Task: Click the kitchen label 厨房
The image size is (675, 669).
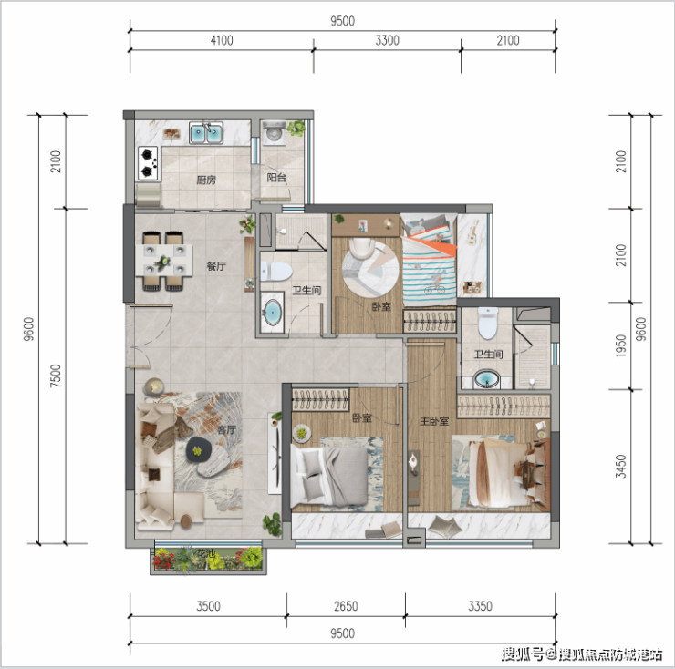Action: (x=206, y=180)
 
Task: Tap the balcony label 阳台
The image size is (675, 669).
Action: (x=276, y=177)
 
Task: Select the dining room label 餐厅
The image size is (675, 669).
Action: (x=216, y=266)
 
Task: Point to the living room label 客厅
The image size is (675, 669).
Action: (x=226, y=429)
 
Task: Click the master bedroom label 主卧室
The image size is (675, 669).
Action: (x=434, y=421)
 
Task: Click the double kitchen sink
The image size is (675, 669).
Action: (x=206, y=133)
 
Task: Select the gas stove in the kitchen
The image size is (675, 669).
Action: (x=148, y=163)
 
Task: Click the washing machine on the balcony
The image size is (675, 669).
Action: (x=274, y=132)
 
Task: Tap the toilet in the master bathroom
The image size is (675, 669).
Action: (x=488, y=324)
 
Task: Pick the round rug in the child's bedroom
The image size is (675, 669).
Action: (x=370, y=269)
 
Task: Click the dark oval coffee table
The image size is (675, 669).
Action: (x=199, y=450)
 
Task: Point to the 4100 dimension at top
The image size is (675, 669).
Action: (x=222, y=40)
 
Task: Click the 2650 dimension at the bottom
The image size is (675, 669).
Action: (x=346, y=606)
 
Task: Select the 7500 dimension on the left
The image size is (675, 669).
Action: (x=56, y=376)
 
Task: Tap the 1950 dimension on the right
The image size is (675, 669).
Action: (x=621, y=346)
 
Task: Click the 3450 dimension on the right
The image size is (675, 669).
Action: (x=621, y=467)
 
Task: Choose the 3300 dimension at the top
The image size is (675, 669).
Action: (x=387, y=40)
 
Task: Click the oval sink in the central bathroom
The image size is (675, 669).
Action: (x=272, y=313)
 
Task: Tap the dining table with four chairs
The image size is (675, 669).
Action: (x=164, y=262)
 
